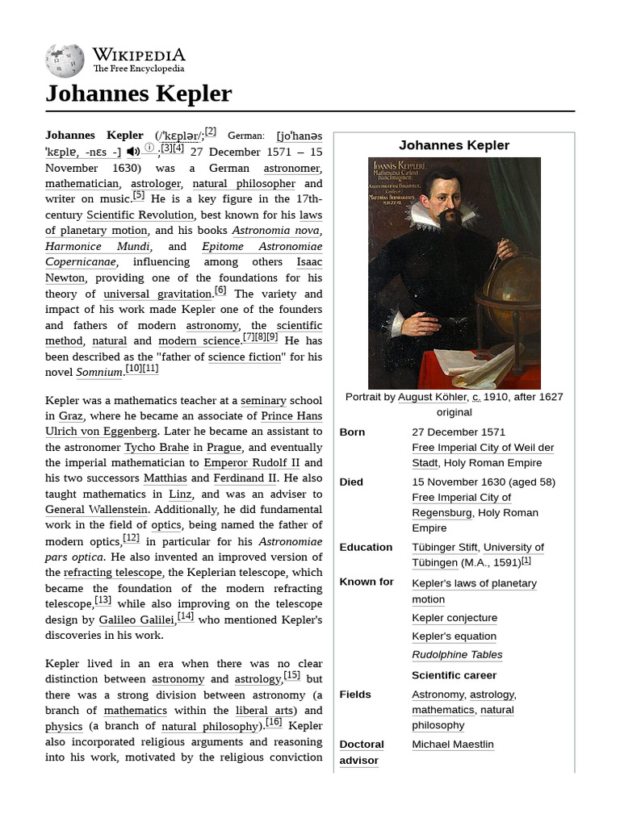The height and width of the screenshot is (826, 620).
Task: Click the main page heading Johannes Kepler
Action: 138,94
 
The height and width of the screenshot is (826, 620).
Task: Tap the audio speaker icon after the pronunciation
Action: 133,152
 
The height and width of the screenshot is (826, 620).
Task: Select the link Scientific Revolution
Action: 140,215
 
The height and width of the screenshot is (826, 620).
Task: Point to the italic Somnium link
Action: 99,372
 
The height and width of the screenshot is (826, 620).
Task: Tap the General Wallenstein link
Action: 96,510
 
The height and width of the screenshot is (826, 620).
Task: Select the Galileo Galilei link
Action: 136,619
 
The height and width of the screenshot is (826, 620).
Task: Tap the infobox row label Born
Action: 352,432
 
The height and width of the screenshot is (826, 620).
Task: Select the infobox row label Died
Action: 351,482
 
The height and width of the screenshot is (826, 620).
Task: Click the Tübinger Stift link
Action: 444,548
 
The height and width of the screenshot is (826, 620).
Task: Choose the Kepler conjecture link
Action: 455,618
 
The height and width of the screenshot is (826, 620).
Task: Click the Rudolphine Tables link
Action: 457,655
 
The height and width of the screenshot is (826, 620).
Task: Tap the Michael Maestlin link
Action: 452,745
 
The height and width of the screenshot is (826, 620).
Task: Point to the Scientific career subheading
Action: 454,675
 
